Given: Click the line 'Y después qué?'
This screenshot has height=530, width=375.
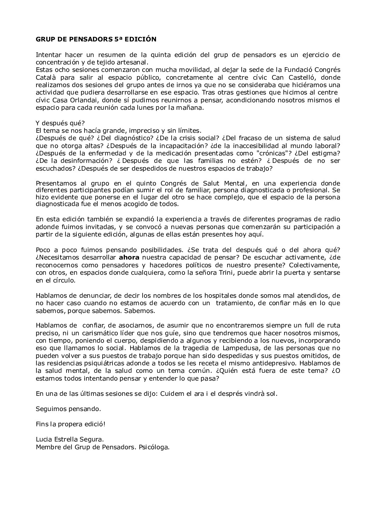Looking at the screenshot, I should [x=60, y=123].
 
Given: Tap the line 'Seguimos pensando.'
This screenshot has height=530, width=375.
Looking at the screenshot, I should [x=68, y=409].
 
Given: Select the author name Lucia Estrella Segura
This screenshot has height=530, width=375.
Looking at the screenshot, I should [x=70, y=439].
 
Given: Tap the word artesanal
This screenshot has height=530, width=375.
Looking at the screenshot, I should [x=134, y=62].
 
